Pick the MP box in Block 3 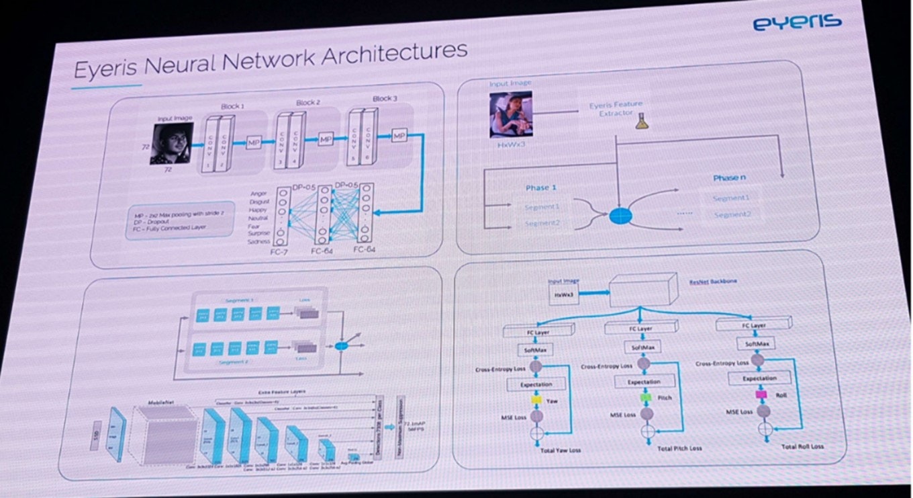click(399, 136)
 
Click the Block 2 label click(308, 103)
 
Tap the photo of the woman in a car click(510, 116)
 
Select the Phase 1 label click(541, 188)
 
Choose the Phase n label click(730, 179)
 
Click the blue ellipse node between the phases click(620, 215)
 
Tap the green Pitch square click(646, 397)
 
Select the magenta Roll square click(761, 395)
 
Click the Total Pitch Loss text click(679, 448)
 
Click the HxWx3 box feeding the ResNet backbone click(563, 294)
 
